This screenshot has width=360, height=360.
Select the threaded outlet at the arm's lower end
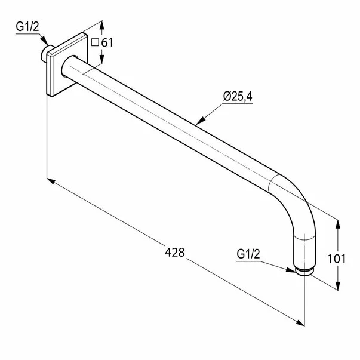pyautogui.click(x=305, y=272)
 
